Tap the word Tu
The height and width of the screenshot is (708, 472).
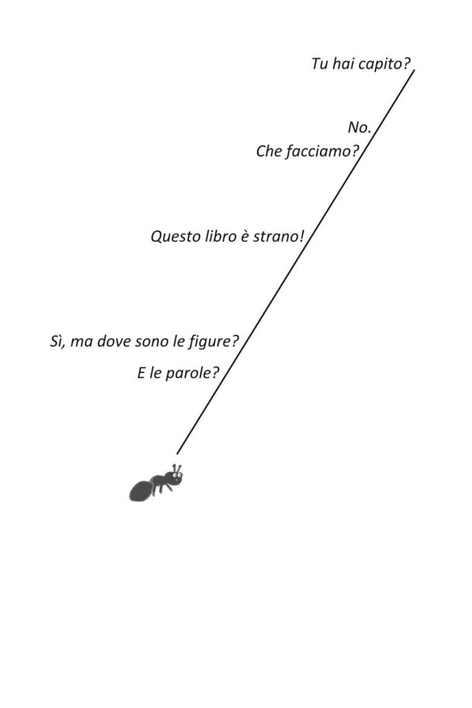click(319, 64)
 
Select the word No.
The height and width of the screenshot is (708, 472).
click(359, 128)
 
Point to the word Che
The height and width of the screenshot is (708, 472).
click(269, 151)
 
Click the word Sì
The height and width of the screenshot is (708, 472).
click(57, 342)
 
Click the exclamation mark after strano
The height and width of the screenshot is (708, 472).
click(301, 236)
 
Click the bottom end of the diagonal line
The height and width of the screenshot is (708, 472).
click(177, 454)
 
